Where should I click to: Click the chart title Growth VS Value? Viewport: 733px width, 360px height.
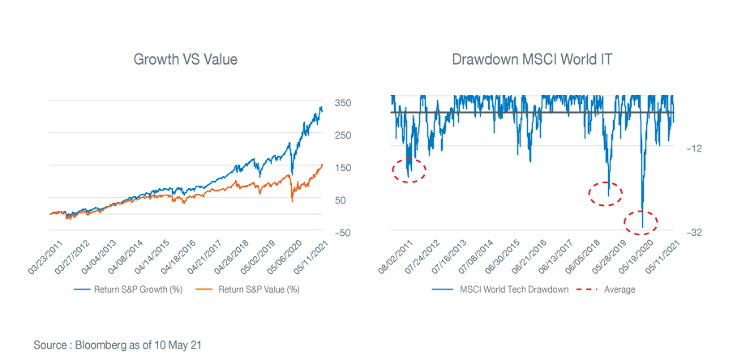186,59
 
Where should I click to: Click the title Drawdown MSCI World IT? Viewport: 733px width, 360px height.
533,59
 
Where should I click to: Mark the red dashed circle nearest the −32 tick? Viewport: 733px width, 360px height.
641,221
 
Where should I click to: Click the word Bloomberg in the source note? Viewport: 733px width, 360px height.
98,345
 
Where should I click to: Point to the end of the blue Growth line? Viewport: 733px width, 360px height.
321,108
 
